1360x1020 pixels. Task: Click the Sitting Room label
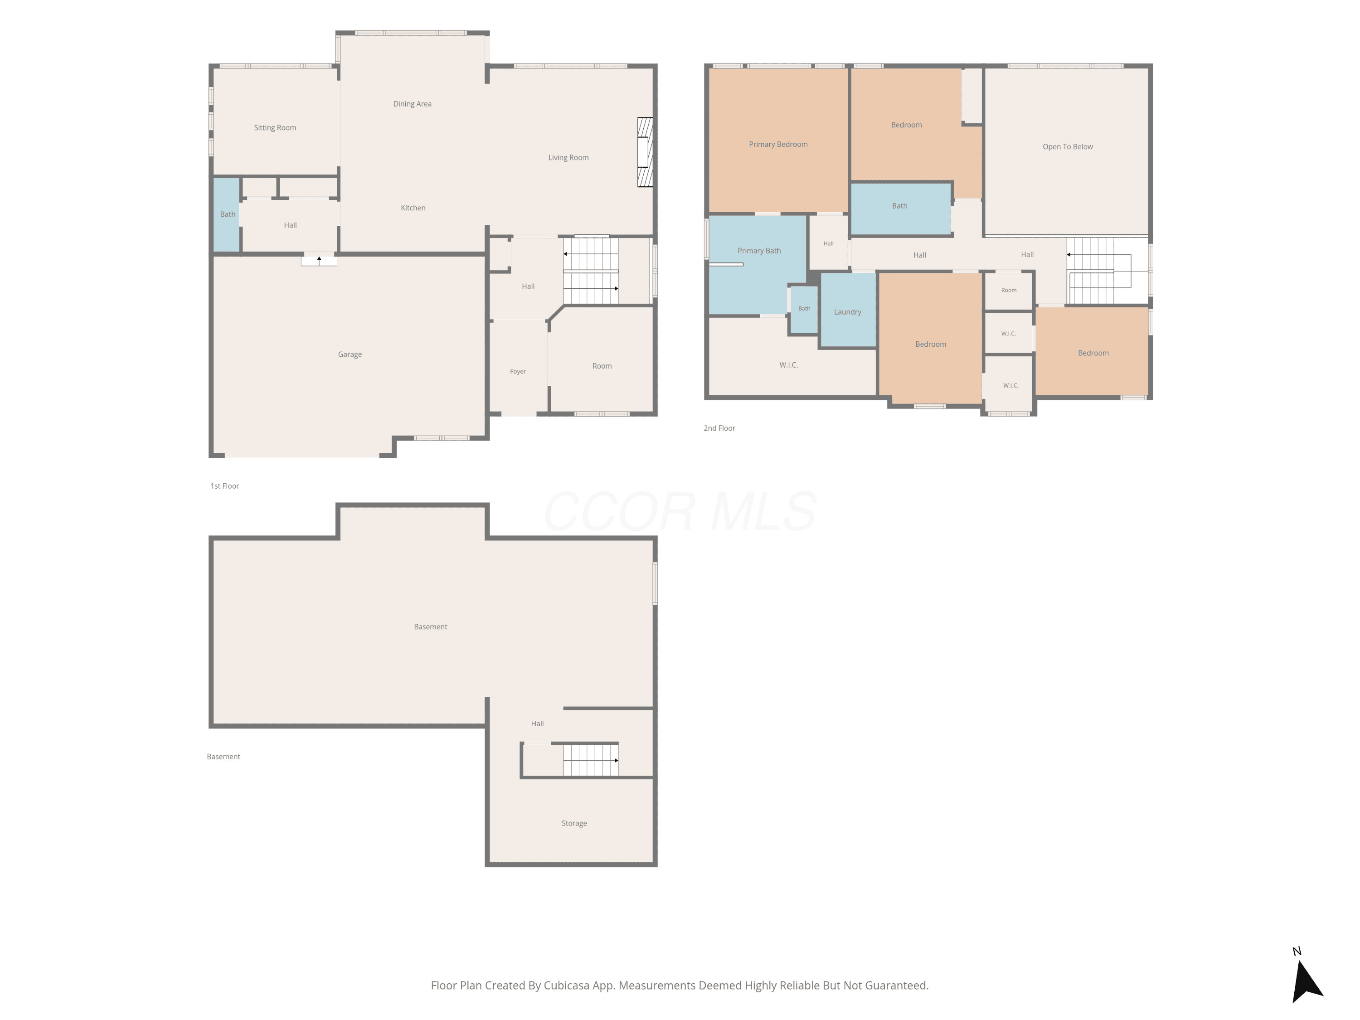[275, 128]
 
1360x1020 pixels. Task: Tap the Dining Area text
[412, 104]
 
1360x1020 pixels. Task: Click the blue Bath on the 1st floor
[226, 214]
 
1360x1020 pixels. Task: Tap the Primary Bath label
[759, 251]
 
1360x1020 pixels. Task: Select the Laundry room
[848, 311]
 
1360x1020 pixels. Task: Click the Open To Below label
[1067, 147]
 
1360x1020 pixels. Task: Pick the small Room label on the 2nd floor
[1008, 290]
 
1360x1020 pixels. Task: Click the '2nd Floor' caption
[719, 428]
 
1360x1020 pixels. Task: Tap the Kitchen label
[413, 208]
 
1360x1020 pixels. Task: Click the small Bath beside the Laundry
[804, 309]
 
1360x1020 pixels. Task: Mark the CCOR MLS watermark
[680, 511]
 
